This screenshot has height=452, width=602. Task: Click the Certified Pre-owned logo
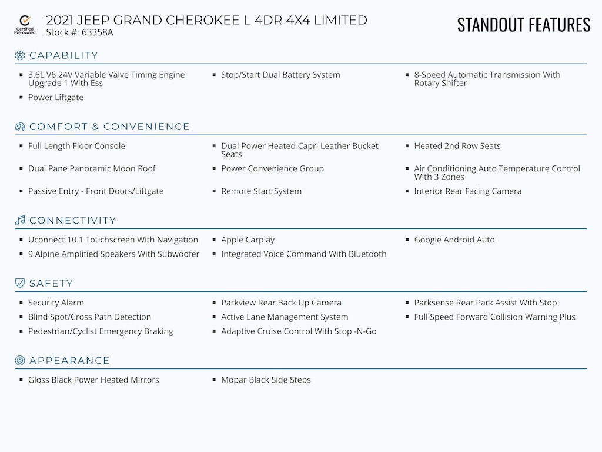25,25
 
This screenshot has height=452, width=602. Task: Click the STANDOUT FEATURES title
523,25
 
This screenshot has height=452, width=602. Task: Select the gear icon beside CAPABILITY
20,55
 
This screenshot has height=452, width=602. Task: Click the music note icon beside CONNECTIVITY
20,221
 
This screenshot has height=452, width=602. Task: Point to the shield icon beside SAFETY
20,283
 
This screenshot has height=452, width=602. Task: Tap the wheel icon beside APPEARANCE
20,360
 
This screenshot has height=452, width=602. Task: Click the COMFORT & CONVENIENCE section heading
109,127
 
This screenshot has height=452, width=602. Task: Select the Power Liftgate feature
56,98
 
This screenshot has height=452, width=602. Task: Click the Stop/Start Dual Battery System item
280,75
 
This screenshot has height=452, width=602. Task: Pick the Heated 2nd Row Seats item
457,146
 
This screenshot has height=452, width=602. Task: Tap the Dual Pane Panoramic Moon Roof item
92,168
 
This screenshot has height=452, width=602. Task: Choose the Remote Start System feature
261,191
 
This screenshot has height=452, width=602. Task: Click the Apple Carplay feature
248,240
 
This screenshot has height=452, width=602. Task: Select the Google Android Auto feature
454,240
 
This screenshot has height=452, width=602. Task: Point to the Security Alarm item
56,303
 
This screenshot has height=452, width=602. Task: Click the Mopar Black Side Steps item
266,380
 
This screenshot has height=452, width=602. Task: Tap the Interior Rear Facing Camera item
467,191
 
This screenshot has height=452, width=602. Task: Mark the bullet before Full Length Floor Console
22,146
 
